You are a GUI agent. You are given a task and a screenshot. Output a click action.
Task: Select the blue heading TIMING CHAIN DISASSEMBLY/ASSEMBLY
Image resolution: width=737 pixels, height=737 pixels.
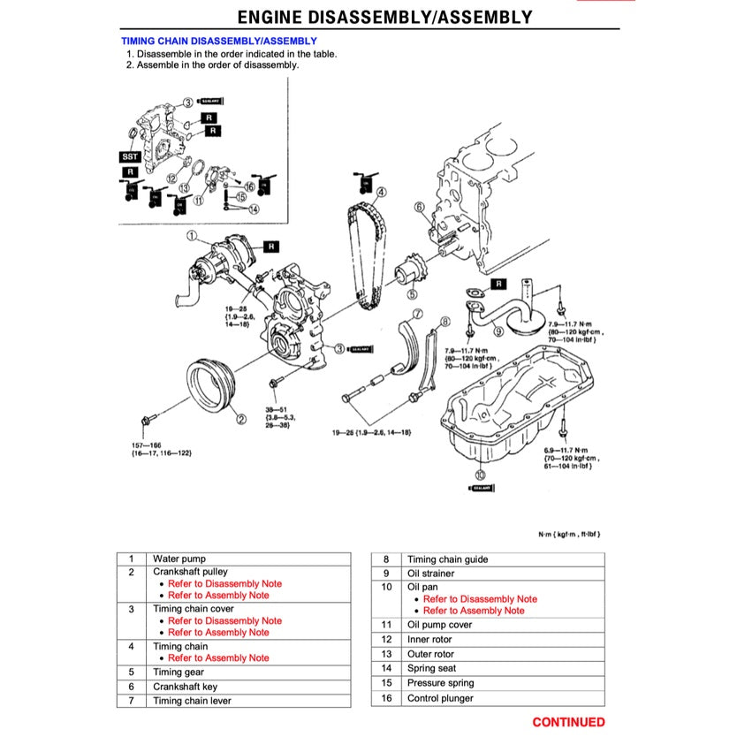tap(218, 41)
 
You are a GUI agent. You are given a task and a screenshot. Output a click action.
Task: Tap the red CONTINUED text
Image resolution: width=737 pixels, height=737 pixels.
tap(568, 722)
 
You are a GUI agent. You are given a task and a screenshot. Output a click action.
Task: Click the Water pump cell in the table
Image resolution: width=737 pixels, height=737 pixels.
tap(179, 558)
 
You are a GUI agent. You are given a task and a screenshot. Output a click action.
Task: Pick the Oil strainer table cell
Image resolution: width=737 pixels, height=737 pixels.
tap(430, 574)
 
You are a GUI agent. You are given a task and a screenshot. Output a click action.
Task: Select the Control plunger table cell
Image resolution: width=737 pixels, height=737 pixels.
tap(440, 698)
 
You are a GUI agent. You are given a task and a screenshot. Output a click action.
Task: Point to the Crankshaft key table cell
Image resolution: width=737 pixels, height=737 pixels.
tap(185, 687)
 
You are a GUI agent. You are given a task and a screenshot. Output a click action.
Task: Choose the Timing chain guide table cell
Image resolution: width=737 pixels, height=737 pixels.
tap(447, 559)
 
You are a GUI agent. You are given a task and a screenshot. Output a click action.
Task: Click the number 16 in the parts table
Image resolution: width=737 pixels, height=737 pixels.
tap(386, 698)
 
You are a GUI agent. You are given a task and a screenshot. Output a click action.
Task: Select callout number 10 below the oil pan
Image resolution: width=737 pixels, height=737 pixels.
tap(480, 474)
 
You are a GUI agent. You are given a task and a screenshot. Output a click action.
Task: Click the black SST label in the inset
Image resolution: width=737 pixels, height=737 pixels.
tap(130, 156)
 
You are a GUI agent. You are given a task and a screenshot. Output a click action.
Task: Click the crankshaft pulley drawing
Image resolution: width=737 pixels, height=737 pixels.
tap(211, 385)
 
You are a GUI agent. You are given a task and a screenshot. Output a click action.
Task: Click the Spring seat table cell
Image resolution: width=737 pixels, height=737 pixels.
tap(432, 669)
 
